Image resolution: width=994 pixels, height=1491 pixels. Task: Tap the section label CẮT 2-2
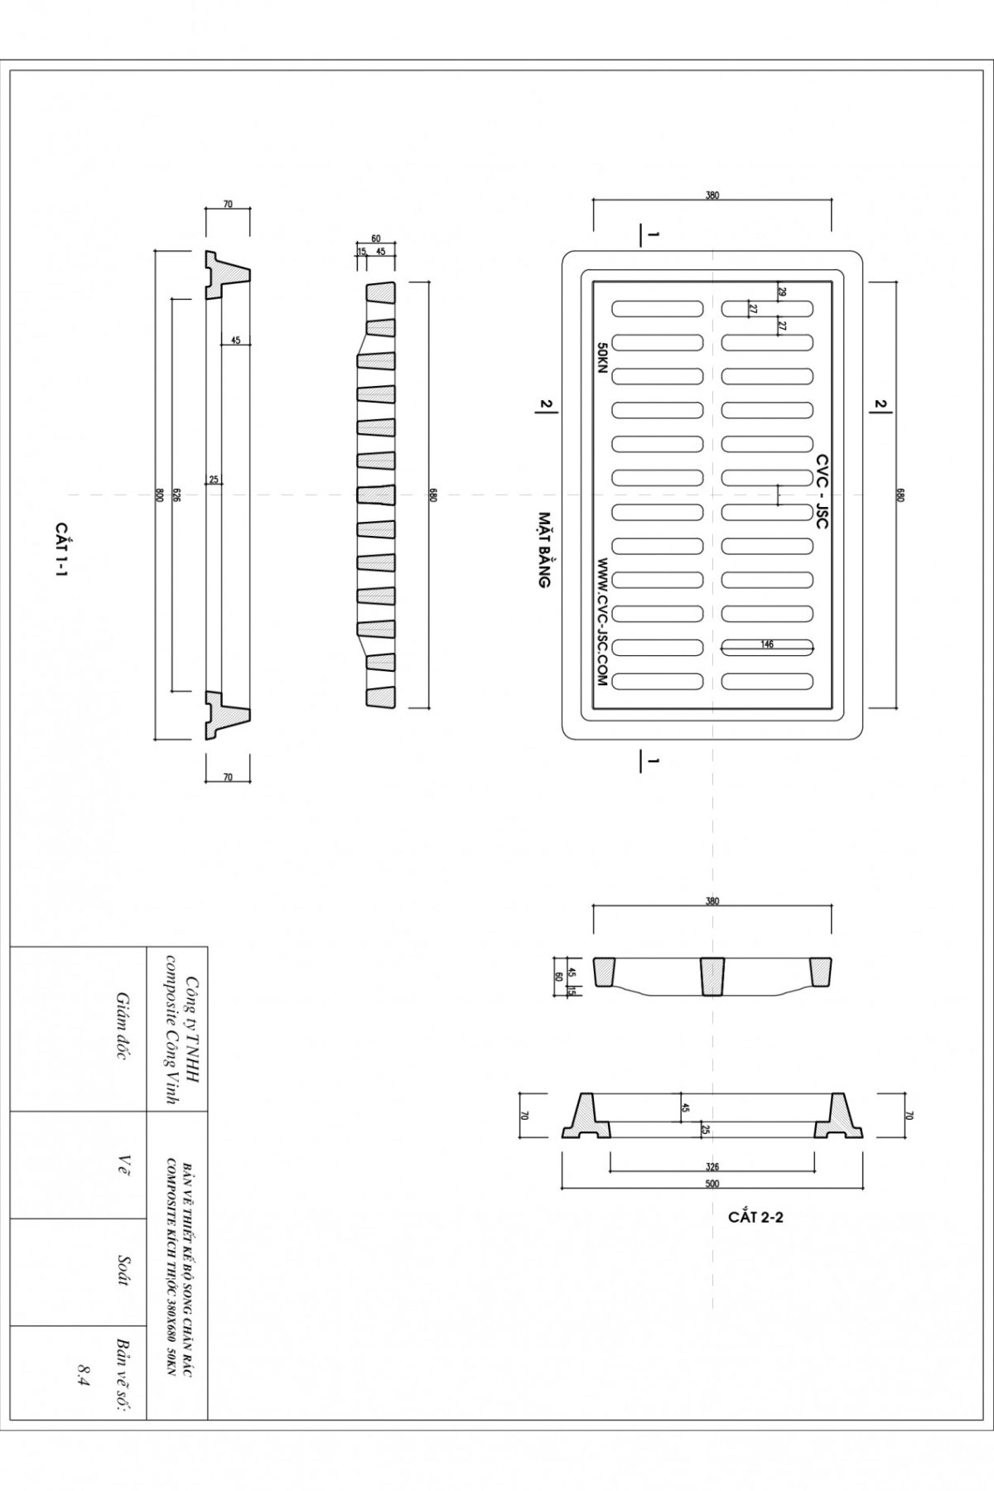click(755, 1218)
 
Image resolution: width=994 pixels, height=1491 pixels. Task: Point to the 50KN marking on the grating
click(602, 359)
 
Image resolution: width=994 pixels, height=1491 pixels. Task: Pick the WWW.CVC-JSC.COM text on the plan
click(602, 621)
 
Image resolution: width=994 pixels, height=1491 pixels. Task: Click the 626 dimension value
click(176, 495)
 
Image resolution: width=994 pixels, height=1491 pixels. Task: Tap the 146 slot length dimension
click(767, 644)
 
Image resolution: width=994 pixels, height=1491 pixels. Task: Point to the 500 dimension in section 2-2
click(712, 1184)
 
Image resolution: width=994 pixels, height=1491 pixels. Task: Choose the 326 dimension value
click(712, 1165)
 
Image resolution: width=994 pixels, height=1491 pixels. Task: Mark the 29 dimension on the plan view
click(782, 292)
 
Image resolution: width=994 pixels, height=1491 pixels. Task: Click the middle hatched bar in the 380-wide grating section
click(712, 976)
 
